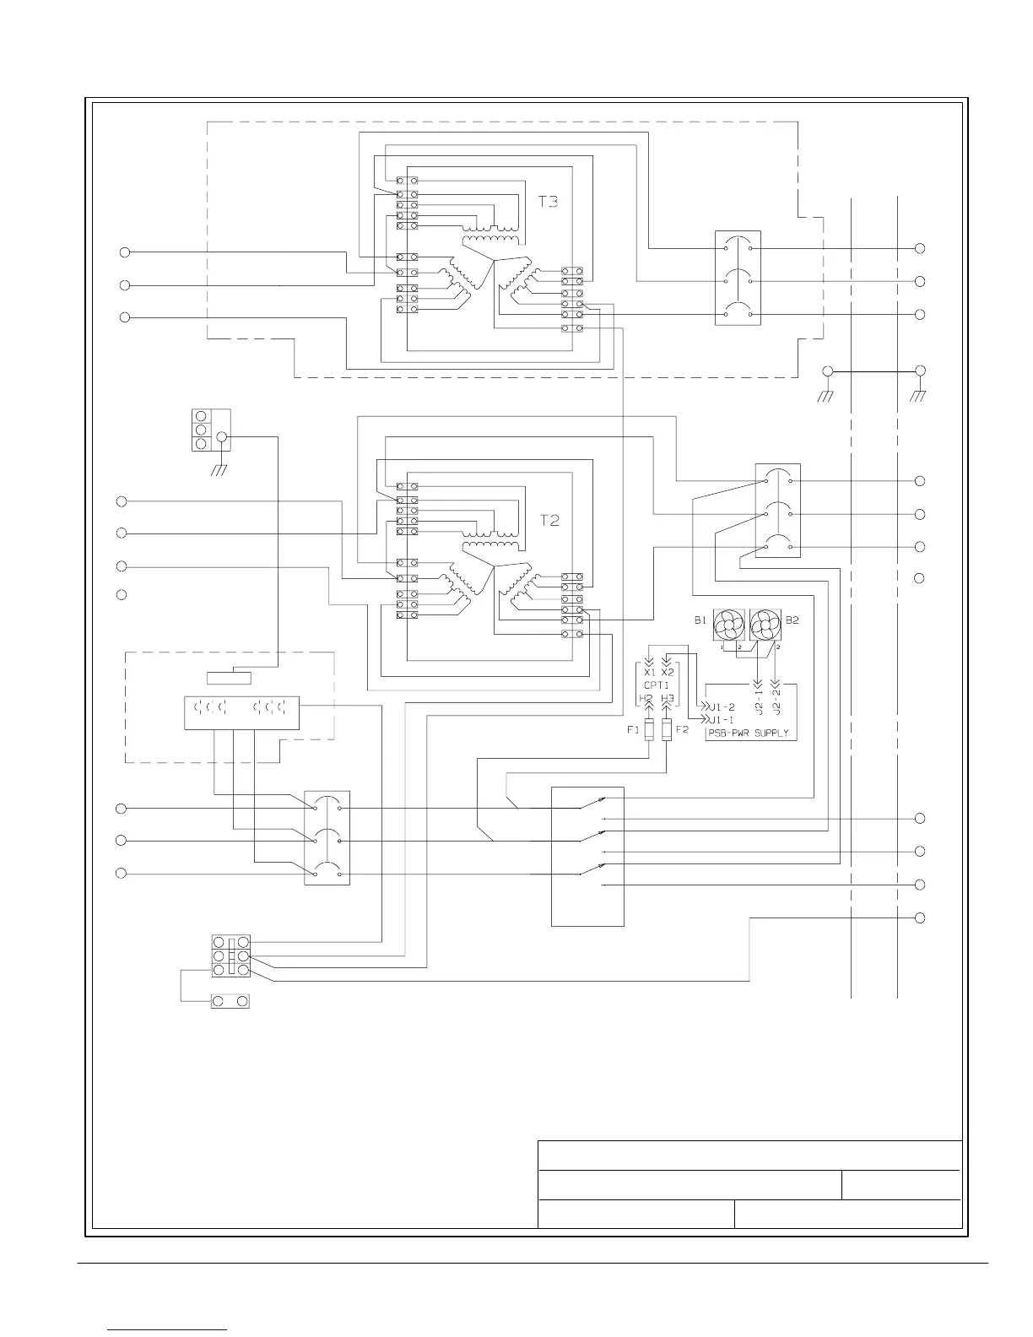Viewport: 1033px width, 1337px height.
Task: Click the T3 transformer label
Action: coord(549,203)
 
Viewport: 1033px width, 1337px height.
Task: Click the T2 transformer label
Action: coord(549,521)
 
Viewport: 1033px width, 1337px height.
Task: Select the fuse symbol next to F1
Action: coord(648,731)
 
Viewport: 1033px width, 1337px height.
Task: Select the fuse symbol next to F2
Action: coord(668,731)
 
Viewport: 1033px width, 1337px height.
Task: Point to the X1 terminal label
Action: coord(649,673)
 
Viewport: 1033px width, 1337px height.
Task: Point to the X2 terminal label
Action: coord(668,673)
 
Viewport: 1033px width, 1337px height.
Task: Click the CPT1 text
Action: coord(658,685)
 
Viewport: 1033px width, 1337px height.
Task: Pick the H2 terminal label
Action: coord(647,700)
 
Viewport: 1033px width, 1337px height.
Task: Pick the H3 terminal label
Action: coord(668,700)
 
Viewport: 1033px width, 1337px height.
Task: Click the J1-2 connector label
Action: coord(723,707)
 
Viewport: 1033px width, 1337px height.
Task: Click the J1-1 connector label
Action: coord(723,720)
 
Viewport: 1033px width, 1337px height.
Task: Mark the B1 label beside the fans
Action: coord(700,620)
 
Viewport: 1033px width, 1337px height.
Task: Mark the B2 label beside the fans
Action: coord(792,620)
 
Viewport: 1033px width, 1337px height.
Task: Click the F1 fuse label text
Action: coord(633,729)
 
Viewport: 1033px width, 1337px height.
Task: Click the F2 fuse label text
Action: coord(682,729)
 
